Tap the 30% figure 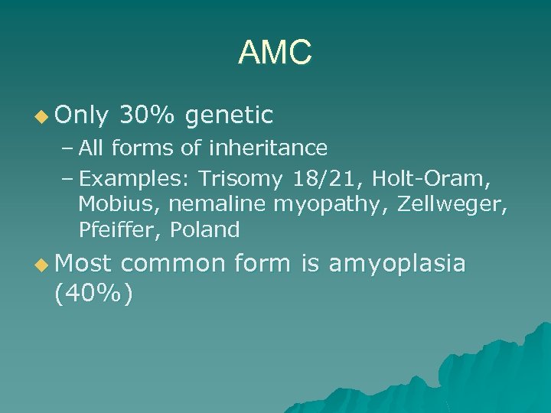pyautogui.click(x=148, y=115)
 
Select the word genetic pyautogui.click(x=229, y=116)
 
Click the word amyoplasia pyautogui.click(x=396, y=264)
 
